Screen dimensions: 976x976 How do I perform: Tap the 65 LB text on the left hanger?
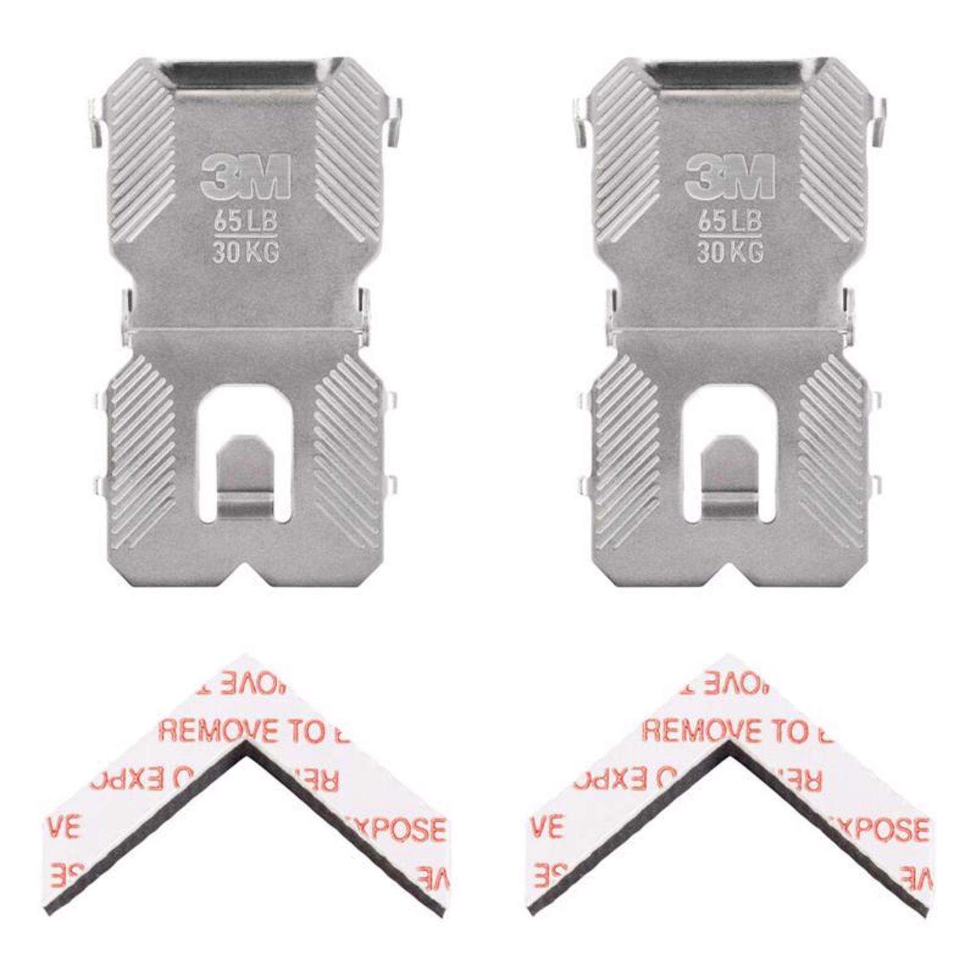coord(246,221)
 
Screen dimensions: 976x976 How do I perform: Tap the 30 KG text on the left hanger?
coord(246,252)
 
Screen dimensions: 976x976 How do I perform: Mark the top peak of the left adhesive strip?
coord(245,658)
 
